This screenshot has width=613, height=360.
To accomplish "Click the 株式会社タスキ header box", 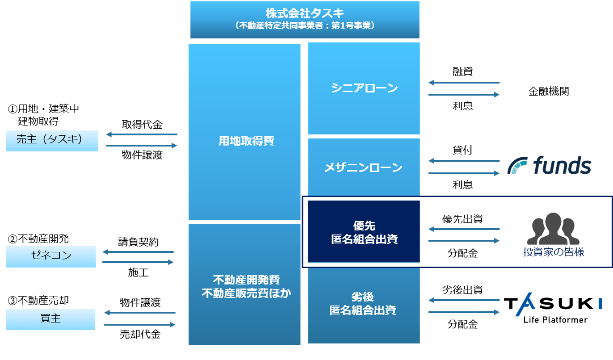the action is coord(304,20).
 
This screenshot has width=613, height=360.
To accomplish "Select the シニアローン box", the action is coord(364,88).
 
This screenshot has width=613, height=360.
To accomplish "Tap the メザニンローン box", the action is coord(364,167).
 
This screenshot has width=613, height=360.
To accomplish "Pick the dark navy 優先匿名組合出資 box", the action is coord(364,231).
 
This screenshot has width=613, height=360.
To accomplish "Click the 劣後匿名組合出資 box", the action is coord(364,304).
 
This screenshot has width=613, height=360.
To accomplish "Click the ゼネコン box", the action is coord(51,256).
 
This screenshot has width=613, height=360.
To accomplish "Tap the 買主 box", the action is coord(50,319).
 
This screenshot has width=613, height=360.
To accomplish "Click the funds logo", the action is coord(550,166).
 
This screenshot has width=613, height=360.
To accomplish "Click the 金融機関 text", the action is coord(549,92).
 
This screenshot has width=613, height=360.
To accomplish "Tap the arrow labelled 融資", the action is coord(464,83).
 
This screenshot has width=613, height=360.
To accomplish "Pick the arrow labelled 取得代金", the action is coord(142,134).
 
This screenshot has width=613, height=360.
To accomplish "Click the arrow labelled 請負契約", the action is coord(138,252).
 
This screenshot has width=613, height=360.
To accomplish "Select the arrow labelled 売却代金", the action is coord(140,325).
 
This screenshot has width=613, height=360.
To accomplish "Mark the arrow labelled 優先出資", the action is coord(464,230).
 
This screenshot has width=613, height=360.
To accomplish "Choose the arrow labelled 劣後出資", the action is coord(464,301).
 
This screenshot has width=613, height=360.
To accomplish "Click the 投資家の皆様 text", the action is coord(553,252).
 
